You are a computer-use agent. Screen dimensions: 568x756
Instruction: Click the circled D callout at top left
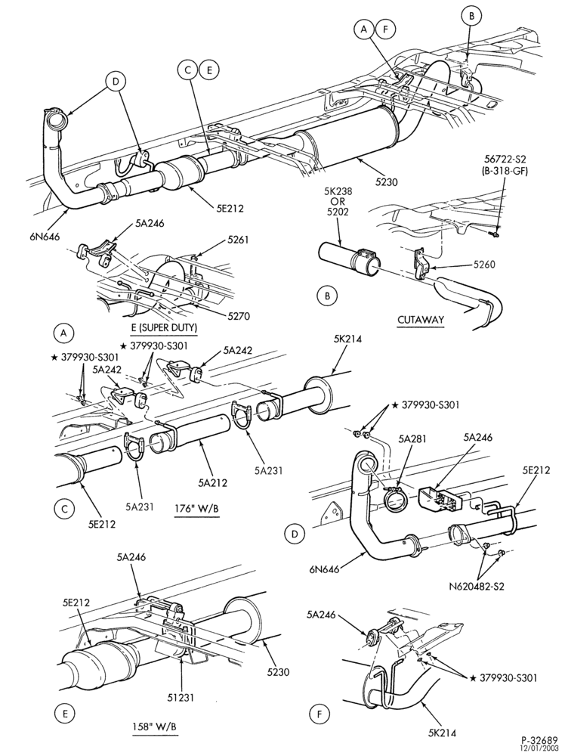click(x=116, y=82)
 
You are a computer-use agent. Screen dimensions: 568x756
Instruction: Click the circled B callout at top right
click(x=471, y=17)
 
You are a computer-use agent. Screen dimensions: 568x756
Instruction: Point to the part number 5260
click(x=483, y=264)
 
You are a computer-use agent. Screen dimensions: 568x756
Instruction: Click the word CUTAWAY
click(x=420, y=319)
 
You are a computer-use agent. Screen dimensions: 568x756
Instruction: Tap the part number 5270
click(x=239, y=316)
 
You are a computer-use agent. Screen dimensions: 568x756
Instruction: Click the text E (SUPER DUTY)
click(x=164, y=328)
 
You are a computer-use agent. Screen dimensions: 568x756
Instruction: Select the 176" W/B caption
click(x=197, y=510)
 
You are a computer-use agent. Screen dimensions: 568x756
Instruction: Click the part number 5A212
click(x=212, y=481)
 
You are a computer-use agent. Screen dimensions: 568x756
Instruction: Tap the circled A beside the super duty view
click(x=63, y=332)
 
